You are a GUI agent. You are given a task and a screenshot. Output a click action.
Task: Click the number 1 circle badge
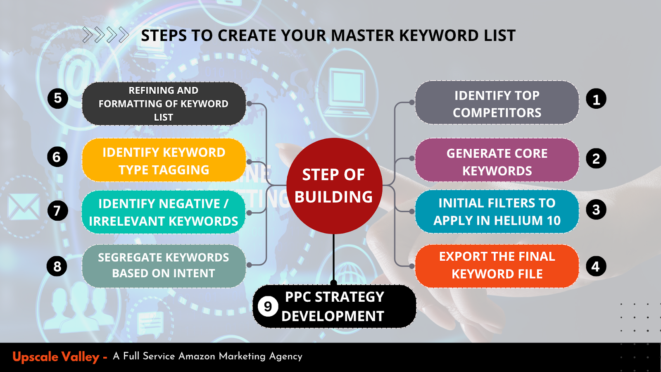tap(596, 99)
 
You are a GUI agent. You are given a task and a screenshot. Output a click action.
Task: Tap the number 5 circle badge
tap(58, 98)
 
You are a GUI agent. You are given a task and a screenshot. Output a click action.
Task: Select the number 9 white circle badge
tap(268, 307)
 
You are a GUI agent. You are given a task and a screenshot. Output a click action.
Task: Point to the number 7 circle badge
tap(57, 210)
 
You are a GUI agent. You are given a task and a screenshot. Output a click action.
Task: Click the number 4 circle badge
tap(596, 267)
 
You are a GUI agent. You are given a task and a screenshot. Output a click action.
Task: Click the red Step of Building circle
tap(334, 186)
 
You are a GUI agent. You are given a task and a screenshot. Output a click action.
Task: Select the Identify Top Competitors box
tap(497, 103)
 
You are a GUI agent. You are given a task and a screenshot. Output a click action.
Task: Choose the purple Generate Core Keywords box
tap(497, 161)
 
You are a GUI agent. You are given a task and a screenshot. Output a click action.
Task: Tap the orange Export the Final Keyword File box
tap(497, 265)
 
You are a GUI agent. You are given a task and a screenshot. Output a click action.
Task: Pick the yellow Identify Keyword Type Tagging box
tap(164, 161)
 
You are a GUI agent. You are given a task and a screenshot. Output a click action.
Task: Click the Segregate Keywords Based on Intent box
tap(164, 265)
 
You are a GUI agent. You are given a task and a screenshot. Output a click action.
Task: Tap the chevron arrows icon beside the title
tap(105, 35)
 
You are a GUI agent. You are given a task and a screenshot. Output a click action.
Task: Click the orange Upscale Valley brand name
tap(56, 357)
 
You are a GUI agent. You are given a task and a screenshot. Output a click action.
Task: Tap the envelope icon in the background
tap(24, 207)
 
